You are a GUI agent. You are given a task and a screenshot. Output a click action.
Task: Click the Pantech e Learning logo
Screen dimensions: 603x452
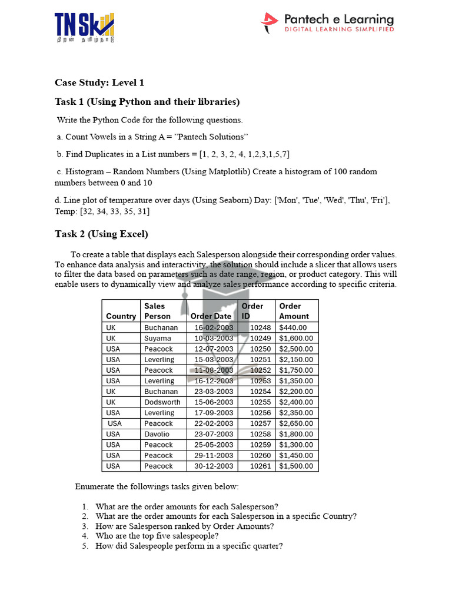coord(327,23)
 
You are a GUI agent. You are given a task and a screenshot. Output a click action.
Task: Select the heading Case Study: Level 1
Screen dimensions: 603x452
coord(99,82)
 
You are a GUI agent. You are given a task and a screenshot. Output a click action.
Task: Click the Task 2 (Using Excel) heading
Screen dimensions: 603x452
coord(101,234)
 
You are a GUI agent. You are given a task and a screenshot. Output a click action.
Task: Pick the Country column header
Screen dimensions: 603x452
coord(121,316)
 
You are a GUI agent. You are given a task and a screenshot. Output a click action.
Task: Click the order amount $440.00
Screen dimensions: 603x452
coord(293,327)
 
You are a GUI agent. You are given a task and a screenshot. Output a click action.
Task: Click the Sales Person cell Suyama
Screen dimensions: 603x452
coord(157,338)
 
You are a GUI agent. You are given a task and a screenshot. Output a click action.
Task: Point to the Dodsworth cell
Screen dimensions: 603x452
coord(162,402)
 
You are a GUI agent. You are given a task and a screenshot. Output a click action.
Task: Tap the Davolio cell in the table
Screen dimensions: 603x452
coord(157,434)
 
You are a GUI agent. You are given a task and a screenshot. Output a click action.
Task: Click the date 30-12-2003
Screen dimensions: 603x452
coord(214,466)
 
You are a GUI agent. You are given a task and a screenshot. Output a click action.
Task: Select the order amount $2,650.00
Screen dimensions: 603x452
coord(296,423)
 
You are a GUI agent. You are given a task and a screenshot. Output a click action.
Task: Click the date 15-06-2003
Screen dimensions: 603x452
coord(214,402)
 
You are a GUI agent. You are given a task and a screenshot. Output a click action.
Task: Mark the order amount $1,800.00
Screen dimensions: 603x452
coord(296,434)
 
